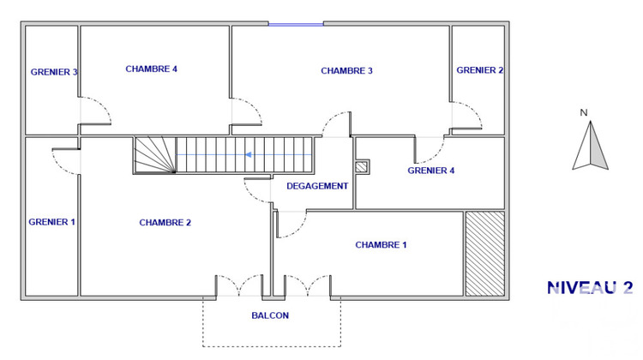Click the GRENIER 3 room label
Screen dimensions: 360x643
click(x=54, y=72)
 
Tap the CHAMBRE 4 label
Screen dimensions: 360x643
click(x=151, y=69)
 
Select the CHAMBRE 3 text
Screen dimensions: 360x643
click(x=346, y=70)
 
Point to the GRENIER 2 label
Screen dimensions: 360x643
click(x=479, y=70)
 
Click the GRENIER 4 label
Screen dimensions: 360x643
click(x=430, y=171)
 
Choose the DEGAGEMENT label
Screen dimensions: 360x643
click(x=317, y=186)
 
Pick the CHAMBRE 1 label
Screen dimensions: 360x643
click(x=381, y=245)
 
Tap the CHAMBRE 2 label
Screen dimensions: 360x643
click(x=165, y=223)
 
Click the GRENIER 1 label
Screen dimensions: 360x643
click(x=51, y=222)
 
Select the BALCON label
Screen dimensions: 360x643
click(x=270, y=315)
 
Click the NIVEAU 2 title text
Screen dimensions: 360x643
click(x=590, y=288)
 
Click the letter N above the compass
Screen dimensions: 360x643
click(x=583, y=112)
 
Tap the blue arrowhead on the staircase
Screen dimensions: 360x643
click(x=248, y=154)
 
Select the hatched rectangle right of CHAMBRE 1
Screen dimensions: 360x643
click(x=484, y=254)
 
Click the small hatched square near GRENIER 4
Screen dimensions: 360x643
click(x=362, y=166)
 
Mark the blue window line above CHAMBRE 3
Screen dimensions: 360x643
click(x=296, y=24)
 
